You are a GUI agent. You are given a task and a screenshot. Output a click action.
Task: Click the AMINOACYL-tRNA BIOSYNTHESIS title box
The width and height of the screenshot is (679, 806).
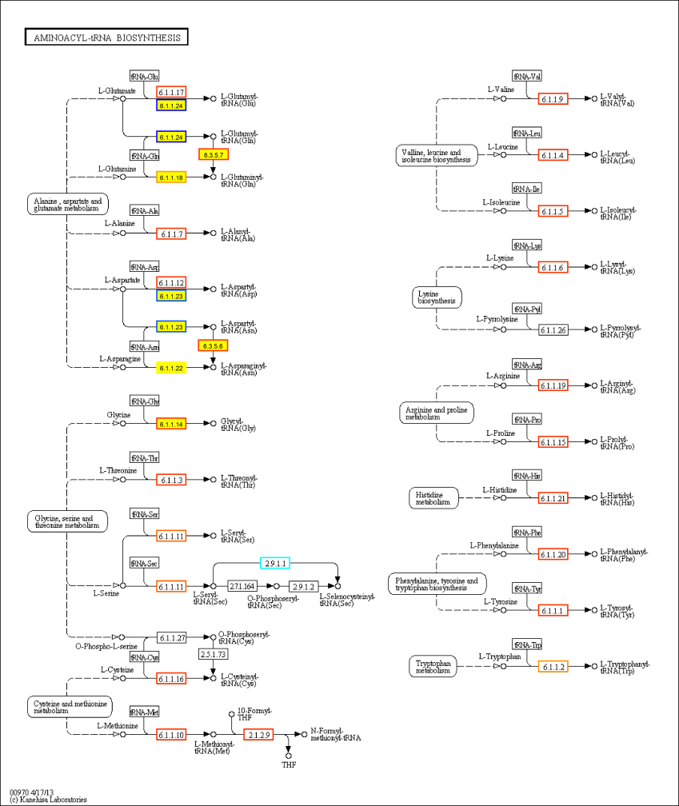coord(106,38)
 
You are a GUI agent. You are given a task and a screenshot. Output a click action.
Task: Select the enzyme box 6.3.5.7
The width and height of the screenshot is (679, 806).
coord(215,154)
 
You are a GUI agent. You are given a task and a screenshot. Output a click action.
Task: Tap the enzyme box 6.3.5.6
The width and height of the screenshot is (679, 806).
coord(214,345)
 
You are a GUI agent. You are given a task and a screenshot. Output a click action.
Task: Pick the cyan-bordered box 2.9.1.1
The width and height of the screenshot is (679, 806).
coord(275,563)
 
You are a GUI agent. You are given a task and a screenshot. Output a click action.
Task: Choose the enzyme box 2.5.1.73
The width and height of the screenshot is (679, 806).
coord(213,654)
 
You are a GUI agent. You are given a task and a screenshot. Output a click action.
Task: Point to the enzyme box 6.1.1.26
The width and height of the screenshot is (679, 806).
coord(553,330)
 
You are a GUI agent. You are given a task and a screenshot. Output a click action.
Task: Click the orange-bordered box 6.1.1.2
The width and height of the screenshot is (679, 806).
coord(553,667)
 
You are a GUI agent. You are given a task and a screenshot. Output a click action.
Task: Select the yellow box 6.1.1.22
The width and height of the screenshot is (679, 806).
coord(171,368)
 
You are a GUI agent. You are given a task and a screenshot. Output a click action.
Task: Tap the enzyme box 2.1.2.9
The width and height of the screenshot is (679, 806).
coord(259,734)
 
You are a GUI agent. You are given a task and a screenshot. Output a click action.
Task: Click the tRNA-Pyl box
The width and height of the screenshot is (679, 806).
coord(527,309)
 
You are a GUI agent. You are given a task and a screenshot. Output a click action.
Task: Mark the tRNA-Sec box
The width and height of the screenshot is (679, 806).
coord(144,565)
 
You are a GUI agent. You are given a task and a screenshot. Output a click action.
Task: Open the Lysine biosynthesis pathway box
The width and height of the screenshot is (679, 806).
coord(437,297)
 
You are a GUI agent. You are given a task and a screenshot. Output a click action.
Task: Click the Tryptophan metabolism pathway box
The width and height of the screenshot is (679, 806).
coord(433,667)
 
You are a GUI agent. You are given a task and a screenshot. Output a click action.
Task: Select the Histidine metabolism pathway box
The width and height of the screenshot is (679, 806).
coord(433,498)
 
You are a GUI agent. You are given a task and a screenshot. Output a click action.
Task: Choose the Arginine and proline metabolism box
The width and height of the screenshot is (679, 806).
coord(436,413)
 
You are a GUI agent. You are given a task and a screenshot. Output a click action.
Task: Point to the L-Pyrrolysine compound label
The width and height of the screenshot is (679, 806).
coord(497,319)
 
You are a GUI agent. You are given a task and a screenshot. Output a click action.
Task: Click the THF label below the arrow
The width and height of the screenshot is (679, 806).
coord(289,765)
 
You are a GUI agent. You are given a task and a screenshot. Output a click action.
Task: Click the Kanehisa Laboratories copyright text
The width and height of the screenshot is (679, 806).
coord(48,800)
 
